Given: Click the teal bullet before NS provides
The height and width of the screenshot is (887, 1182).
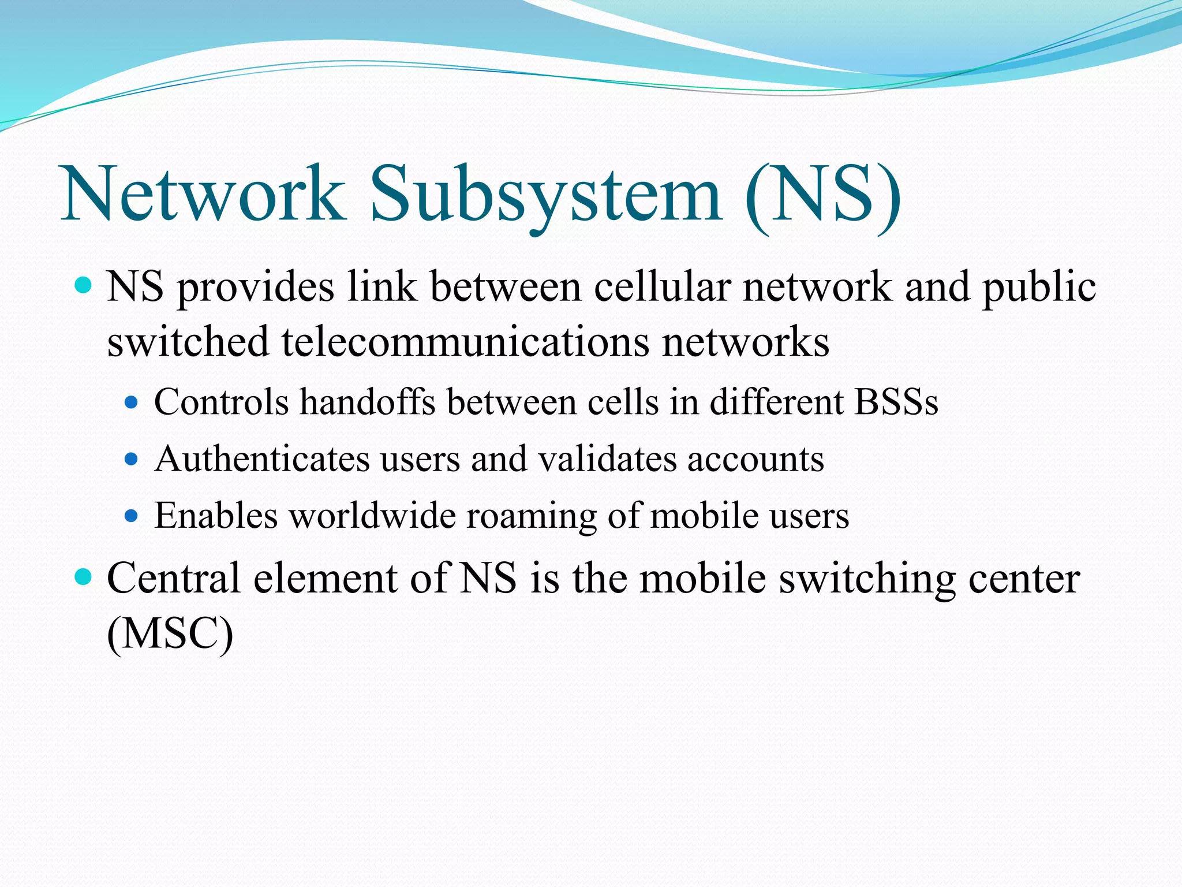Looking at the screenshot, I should tap(84, 285).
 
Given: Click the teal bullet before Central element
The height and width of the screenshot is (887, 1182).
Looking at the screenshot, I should tap(84, 576).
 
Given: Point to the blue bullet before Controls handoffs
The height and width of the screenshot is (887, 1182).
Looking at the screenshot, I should tap(132, 402).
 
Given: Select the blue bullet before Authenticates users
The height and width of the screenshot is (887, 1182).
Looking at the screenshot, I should tap(132, 459).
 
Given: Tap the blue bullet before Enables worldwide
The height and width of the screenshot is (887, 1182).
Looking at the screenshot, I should tap(132, 515).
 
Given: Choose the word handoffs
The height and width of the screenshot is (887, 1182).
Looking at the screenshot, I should tap(367, 402).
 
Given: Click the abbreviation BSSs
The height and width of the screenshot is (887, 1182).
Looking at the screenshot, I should tap(896, 402).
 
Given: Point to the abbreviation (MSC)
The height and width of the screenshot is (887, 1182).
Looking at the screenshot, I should tap(170, 634).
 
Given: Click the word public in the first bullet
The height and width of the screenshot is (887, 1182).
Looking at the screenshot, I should tap(1039, 288).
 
